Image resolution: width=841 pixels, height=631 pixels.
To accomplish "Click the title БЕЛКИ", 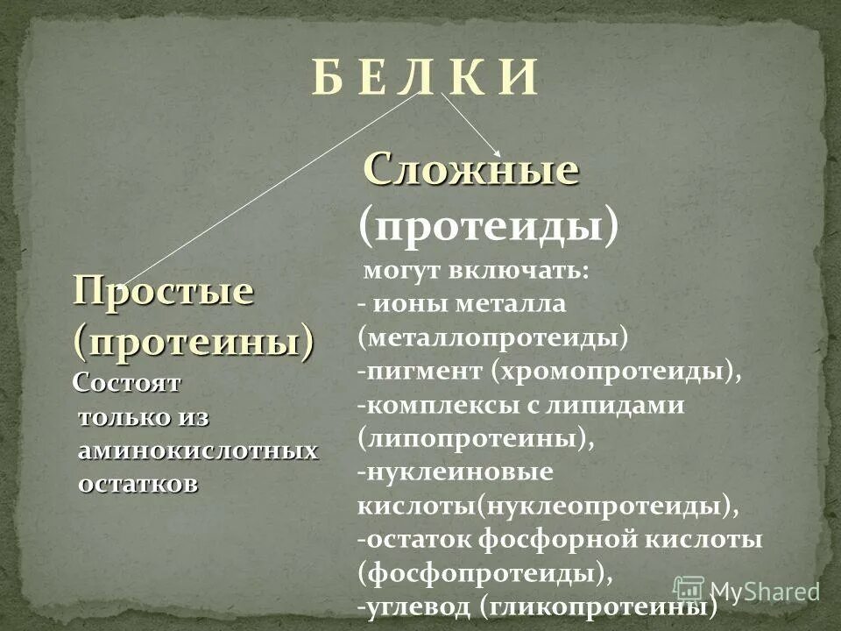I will click(x=423, y=80).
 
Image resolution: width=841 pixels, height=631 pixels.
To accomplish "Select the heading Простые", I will click(x=163, y=290).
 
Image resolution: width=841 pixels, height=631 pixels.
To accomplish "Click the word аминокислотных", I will click(x=198, y=450).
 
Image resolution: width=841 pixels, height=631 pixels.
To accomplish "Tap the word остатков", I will click(x=138, y=484).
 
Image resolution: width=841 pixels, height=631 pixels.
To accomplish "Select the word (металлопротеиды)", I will click(x=493, y=337).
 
